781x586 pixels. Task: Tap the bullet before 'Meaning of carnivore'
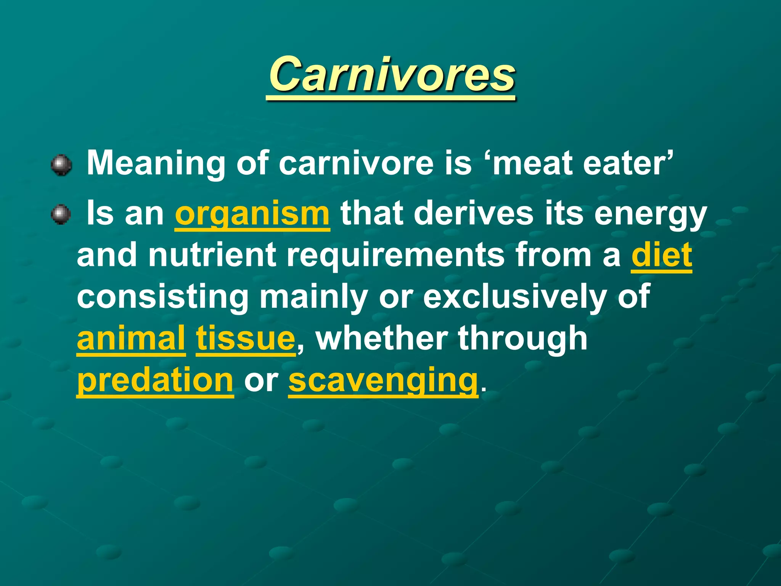tap(61, 165)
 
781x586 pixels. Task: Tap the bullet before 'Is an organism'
tap(61, 214)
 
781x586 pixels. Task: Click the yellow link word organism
tap(252, 214)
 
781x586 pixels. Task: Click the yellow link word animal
tap(131, 338)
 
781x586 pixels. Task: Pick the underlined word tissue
tap(246, 338)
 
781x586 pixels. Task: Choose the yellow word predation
tap(155, 380)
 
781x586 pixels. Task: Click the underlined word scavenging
tap(383, 380)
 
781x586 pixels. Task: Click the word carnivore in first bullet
tap(356, 163)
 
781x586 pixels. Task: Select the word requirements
tap(395, 256)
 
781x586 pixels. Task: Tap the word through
tap(523, 338)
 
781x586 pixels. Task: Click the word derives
tap(473, 214)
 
